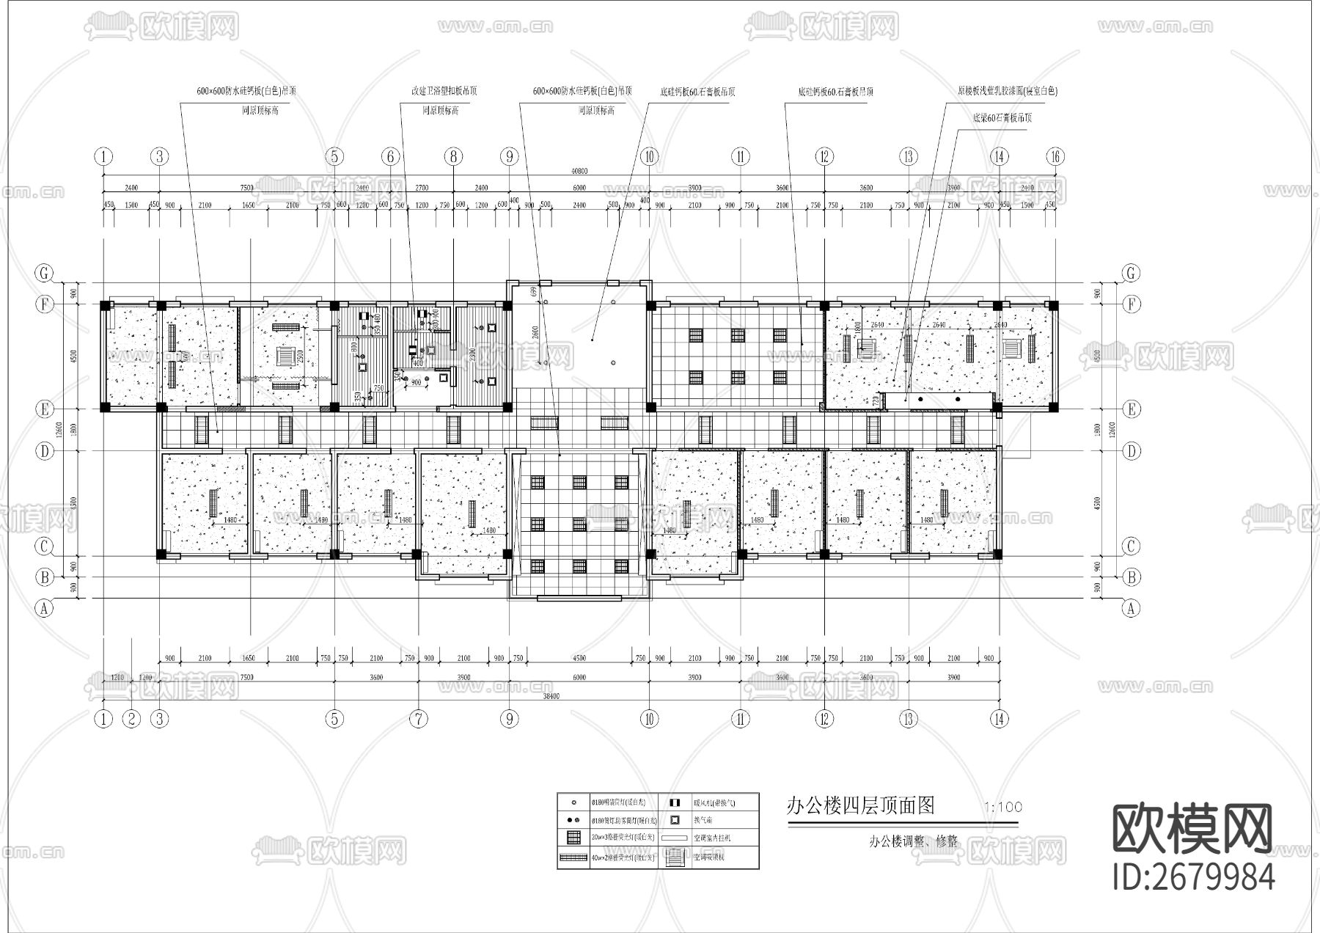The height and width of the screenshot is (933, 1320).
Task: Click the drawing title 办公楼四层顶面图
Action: pyautogui.click(x=859, y=806)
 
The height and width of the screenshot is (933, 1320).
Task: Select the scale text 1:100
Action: pyautogui.click(x=1003, y=808)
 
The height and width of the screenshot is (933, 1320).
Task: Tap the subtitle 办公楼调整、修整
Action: pyautogui.click(x=913, y=841)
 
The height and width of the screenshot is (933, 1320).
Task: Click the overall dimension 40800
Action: pyautogui.click(x=579, y=171)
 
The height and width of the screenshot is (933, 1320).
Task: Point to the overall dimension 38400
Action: pyautogui.click(x=551, y=696)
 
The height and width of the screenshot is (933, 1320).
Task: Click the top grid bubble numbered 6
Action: pyautogui.click(x=390, y=156)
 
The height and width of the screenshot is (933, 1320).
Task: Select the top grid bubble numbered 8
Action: pyautogui.click(x=453, y=156)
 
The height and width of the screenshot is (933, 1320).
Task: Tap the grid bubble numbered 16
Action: pyautogui.click(x=1055, y=156)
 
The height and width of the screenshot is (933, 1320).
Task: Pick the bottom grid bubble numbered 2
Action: pyautogui.click(x=131, y=720)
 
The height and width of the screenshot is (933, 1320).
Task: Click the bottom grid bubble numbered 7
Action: pyautogui.click(x=418, y=720)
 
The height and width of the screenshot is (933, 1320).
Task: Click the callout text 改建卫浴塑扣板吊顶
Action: pyautogui.click(x=444, y=92)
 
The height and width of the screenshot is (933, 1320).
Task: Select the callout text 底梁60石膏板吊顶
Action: pyautogui.click(x=1002, y=117)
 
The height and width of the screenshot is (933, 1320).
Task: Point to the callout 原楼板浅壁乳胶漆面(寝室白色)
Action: pyautogui.click(x=1007, y=92)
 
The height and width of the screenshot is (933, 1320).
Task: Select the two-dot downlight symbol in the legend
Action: pyautogui.click(x=571, y=820)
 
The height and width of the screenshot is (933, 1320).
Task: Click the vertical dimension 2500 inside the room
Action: pyautogui.click(x=300, y=357)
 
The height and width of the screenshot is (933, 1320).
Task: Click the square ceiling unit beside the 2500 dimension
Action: pyautogui.click(x=284, y=357)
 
